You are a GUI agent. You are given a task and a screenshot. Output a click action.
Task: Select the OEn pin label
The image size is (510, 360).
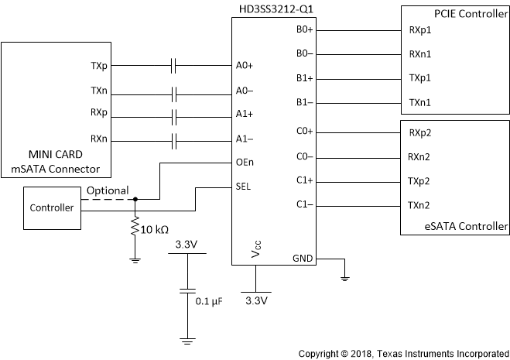click(x=245, y=163)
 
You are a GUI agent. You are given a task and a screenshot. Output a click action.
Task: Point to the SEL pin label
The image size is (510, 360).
click(x=244, y=187)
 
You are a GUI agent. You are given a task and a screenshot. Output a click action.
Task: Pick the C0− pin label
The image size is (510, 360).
click(x=303, y=157)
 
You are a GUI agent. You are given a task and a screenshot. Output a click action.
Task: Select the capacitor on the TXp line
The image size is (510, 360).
click(x=175, y=67)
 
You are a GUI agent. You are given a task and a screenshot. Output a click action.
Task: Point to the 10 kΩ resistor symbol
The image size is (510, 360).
click(x=135, y=228)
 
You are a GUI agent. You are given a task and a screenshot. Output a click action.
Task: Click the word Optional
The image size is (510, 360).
click(x=108, y=190)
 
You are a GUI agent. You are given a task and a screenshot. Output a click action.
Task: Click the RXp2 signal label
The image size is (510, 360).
click(x=420, y=132)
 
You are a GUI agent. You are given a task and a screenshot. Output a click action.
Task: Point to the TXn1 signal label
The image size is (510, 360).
click(x=420, y=103)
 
